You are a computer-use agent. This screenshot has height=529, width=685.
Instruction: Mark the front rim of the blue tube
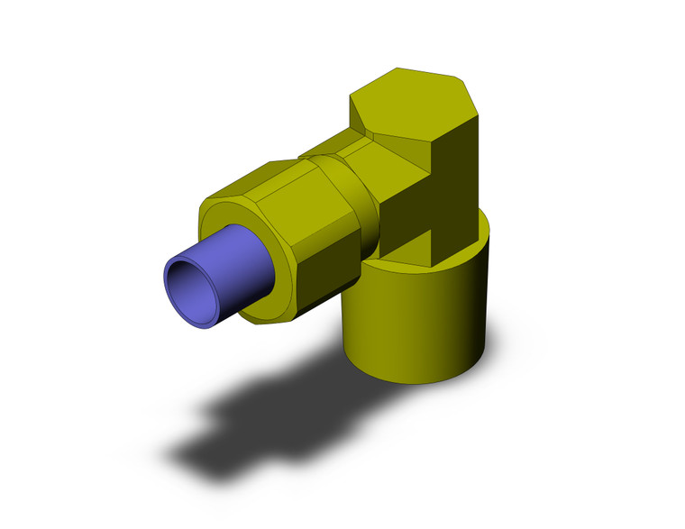click(170, 270)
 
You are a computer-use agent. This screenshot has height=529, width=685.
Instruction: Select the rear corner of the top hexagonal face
click(397, 69)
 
